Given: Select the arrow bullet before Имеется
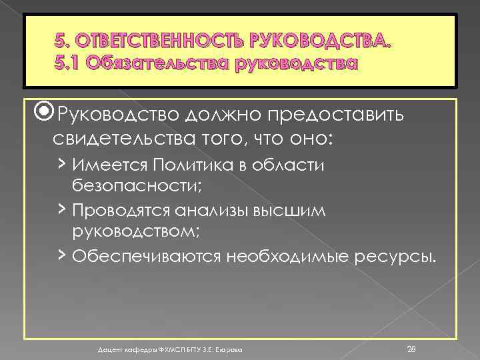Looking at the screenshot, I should click(x=61, y=163).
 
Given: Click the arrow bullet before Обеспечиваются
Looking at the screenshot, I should click(x=61, y=253).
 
